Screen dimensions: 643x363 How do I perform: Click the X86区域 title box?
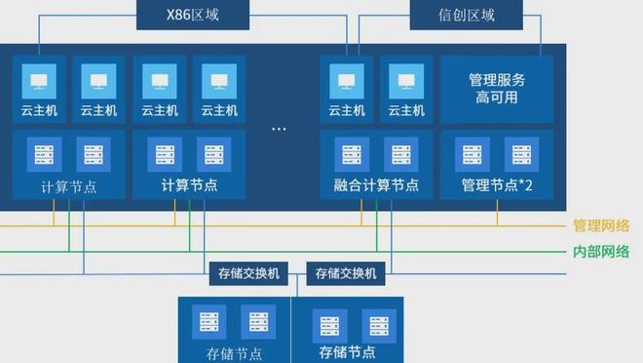pyautogui.click(x=193, y=15)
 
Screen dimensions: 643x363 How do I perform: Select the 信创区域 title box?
pyautogui.click(x=467, y=15)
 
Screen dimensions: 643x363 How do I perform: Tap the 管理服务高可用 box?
pyautogui.click(x=497, y=89)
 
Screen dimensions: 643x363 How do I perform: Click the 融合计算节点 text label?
pyautogui.click(x=376, y=185)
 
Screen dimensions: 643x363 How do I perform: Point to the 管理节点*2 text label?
pyautogui.click(x=497, y=185)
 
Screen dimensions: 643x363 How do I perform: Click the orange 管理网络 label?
pyautogui.click(x=601, y=225)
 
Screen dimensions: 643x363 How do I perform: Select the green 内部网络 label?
pyautogui.click(x=601, y=252)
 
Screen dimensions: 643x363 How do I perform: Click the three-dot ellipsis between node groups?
pyautogui.click(x=279, y=129)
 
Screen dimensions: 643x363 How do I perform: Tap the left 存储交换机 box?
pyautogui.click(x=248, y=273)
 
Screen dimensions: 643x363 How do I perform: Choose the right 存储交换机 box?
pyautogui.click(x=346, y=273)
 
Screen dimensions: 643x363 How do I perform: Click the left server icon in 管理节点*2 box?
pyautogui.click(x=473, y=154)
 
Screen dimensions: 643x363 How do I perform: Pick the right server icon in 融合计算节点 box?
pyautogui.click(x=401, y=154)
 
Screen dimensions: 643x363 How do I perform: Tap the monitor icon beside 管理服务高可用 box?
pyautogui.click(x=406, y=81)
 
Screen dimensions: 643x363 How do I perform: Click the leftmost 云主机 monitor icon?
pyautogui.click(x=39, y=81)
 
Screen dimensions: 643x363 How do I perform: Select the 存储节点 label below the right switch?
pyautogui.click(x=347, y=352)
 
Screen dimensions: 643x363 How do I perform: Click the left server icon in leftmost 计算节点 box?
pyautogui.click(x=44, y=154)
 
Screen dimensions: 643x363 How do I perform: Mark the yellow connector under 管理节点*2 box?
pyautogui.click(x=498, y=213)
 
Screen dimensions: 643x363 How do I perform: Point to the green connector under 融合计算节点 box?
pyautogui.click(x=376, y=225)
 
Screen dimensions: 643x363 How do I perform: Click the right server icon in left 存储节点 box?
pyautogui.click(x=258, y=322)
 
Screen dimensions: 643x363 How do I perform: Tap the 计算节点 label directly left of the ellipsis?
pyautogui.click(x=189, y=185)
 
